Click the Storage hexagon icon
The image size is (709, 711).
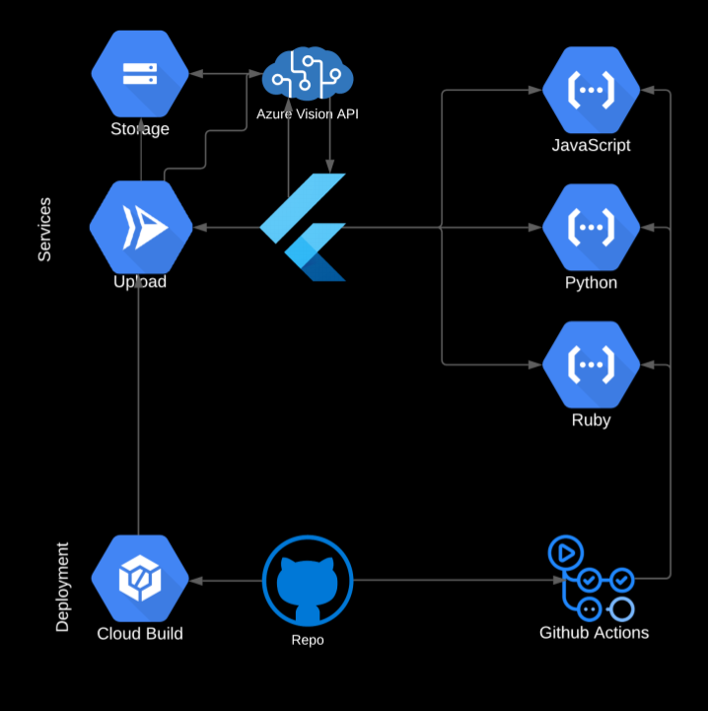click(x=140, y=73)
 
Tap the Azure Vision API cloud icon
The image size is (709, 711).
click(x=308, y=73)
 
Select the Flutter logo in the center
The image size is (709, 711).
click(x=303, y=227)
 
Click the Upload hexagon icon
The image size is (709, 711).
click(x=141, y=227)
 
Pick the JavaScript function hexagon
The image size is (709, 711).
click(x=591, y=90)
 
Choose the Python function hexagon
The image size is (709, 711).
click(x=591, y=227)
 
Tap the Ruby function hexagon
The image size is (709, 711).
click(x=591, y=365)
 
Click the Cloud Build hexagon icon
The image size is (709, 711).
click(x=140, y=579)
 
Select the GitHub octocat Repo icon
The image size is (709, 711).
click(x=308, y=581)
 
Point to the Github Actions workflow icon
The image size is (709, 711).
click(x=591, y=579)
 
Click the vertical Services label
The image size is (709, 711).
click(x=44, y=230)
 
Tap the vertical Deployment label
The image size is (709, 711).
click(x=62, y=587)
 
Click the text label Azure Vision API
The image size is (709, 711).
click(x=308, y=113)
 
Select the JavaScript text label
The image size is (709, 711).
click(x=591, y=145)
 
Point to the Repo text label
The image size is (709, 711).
click(x=308, y=640)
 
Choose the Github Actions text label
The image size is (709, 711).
click(x=594, y=632)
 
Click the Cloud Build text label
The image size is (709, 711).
click(x=140, y=633)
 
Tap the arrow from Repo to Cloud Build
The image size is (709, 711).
click(x=226, y=581)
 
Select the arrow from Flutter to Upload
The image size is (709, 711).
click(x=226, y=227)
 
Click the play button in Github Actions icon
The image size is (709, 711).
click(x=566, y=553)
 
